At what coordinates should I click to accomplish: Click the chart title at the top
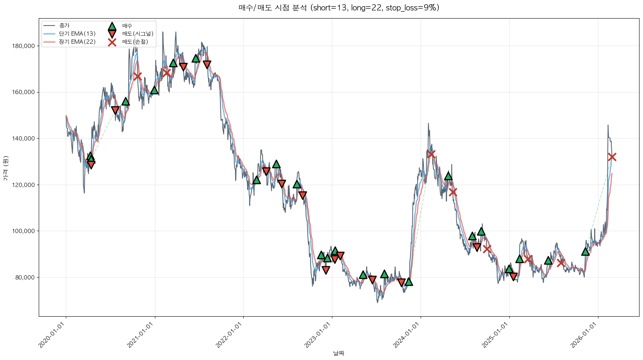coord(339,8)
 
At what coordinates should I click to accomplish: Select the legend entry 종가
coord(64,26)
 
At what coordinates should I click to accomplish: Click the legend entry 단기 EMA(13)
coord(77,34)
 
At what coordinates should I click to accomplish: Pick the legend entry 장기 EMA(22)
coord(77,42)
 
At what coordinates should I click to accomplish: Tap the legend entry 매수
coord(127,26)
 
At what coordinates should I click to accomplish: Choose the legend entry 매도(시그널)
coord(138,34)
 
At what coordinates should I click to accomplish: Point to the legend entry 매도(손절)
coord(135,42)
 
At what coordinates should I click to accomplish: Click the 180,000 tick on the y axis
coord(24,46)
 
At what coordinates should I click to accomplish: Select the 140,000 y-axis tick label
coord(24,139)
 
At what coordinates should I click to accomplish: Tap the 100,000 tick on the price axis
coord(24,231)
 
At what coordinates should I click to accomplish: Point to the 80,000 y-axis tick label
coord(25,278)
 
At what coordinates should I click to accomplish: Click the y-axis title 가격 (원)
coord(5,168)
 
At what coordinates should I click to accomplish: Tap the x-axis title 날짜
coord(339,353)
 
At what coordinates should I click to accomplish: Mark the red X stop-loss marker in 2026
coord(612,157)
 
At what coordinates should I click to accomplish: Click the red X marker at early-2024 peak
coord(431,154)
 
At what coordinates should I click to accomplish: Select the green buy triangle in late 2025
coord(585,252)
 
